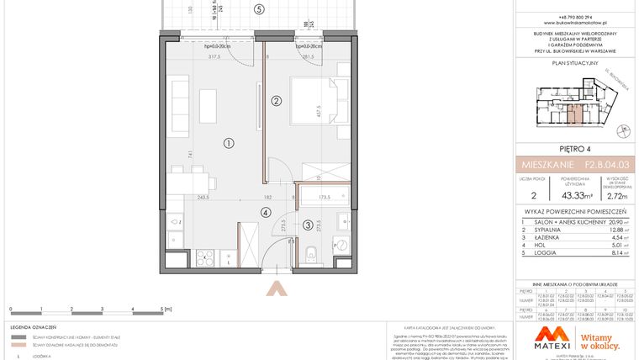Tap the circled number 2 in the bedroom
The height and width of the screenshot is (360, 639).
tap(275, 102)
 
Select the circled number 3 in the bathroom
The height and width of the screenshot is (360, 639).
tap(308, 225)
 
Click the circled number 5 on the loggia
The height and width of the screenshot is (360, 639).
tap(260, 9)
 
